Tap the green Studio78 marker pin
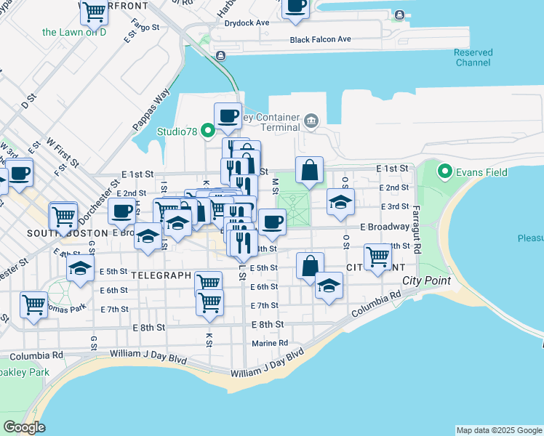[207, 132]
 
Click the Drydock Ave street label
[247, 23]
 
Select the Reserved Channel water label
[473, 57]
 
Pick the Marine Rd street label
[270, 343]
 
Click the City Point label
[426, 280]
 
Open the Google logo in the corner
[24, 427]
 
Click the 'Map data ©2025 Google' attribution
[499, 430]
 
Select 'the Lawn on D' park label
[74, 32]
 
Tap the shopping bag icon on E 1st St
[310, 171]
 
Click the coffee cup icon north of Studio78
[228, 115]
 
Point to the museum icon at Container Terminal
[312, 120]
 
